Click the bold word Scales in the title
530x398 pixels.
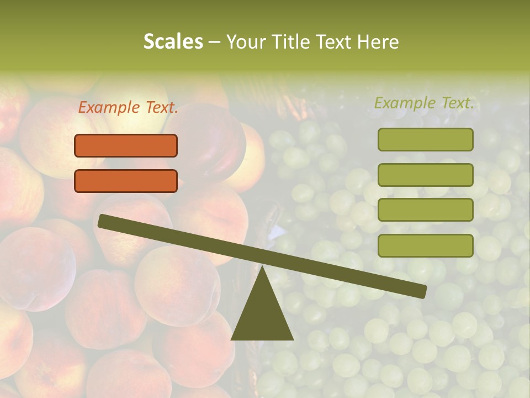pyautogui.click(x=173, y=42)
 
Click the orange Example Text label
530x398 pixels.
pyautogui.click(x=128, y=108)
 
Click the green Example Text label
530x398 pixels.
pyautogui.click(x=424, y=103)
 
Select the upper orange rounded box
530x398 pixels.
pyautogui.click(x=126, y=145)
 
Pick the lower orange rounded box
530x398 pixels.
pyautogui.click(x=126, y=181)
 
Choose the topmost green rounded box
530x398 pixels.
pyautogui.click(x=426, y=139)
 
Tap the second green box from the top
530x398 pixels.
pyautogui.click(x=426, y=175)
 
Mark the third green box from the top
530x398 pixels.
pyautogui.click(x=426, y=210)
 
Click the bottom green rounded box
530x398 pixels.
pyautogui.click(x=426, y=245)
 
